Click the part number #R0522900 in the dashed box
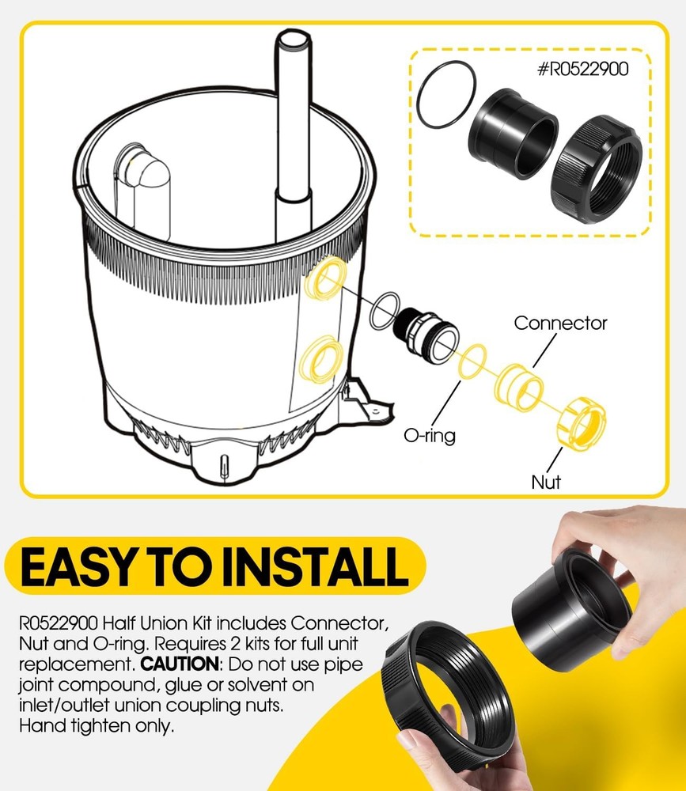point(582,69)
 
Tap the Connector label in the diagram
point(560,323)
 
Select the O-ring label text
point(430,435)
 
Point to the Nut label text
point(546,482)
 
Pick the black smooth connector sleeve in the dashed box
point(513,134)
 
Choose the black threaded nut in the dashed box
point(596,169)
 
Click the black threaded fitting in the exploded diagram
point(426,335)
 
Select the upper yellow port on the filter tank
point(325,278)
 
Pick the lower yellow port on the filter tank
point(320,360)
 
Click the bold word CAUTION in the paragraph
point(180,664)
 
